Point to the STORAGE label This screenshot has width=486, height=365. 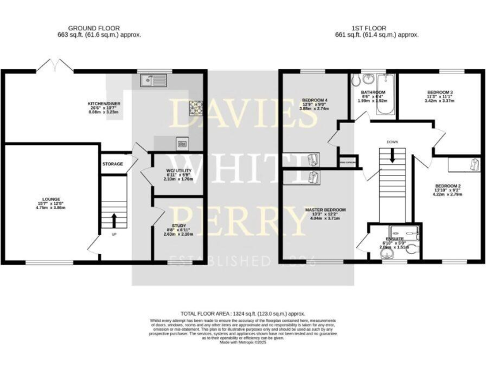point(112,164)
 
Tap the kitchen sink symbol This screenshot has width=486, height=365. point(153,80)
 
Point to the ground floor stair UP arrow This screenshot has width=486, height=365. point(114,221)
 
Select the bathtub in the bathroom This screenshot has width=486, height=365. point(385,96)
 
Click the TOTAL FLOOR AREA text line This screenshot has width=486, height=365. point(242,313)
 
